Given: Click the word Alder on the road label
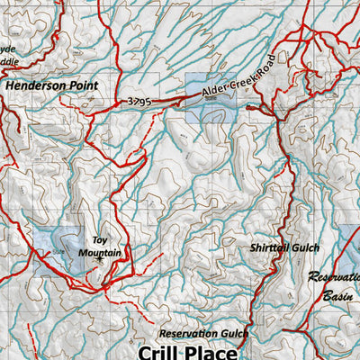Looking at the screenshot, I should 215,91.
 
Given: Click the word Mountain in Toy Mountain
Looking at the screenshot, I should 105,254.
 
